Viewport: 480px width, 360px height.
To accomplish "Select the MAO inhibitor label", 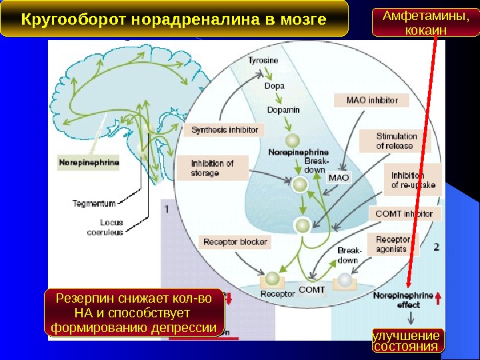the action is pyautogui.click(x=372, y=100).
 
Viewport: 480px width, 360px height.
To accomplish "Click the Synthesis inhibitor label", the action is pyautogui.click(x=224, y=129).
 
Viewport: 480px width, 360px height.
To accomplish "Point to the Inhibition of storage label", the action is pyautogui.click(x=213, y=168).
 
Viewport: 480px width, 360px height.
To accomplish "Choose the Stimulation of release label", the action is pyautogui.click(x=396, y=141).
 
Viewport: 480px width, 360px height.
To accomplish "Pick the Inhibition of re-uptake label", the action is pyautogui.click(x=414, y=180).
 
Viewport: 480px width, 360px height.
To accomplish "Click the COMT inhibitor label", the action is pyautogui.click(x=404, y=214).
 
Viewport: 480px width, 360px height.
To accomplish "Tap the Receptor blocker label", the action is pyautogui.click(x=235, y=242).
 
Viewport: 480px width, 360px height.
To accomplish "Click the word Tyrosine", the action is pyautogui.click(x=263, y=61).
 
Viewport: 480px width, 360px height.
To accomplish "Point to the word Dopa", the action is pyautogui.click(x=274, y=86).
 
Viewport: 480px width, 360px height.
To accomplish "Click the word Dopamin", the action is pyautogui.click(x=283, y=109).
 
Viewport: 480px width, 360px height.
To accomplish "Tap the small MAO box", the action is pyautogui.click(x=339, y=178).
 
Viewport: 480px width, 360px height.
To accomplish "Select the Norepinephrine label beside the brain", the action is pyautogui.click(x=89, y=162).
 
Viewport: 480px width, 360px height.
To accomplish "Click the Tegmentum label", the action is pyautogui.click(x=94, y=203).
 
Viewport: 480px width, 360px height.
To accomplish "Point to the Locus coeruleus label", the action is pyautogui.click(x=105, y=227).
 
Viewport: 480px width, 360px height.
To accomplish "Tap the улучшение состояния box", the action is pyautogui.click(x=406, y=340).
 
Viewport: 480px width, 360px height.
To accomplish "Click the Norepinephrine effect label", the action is pyautogui.click(x=403, y=299).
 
